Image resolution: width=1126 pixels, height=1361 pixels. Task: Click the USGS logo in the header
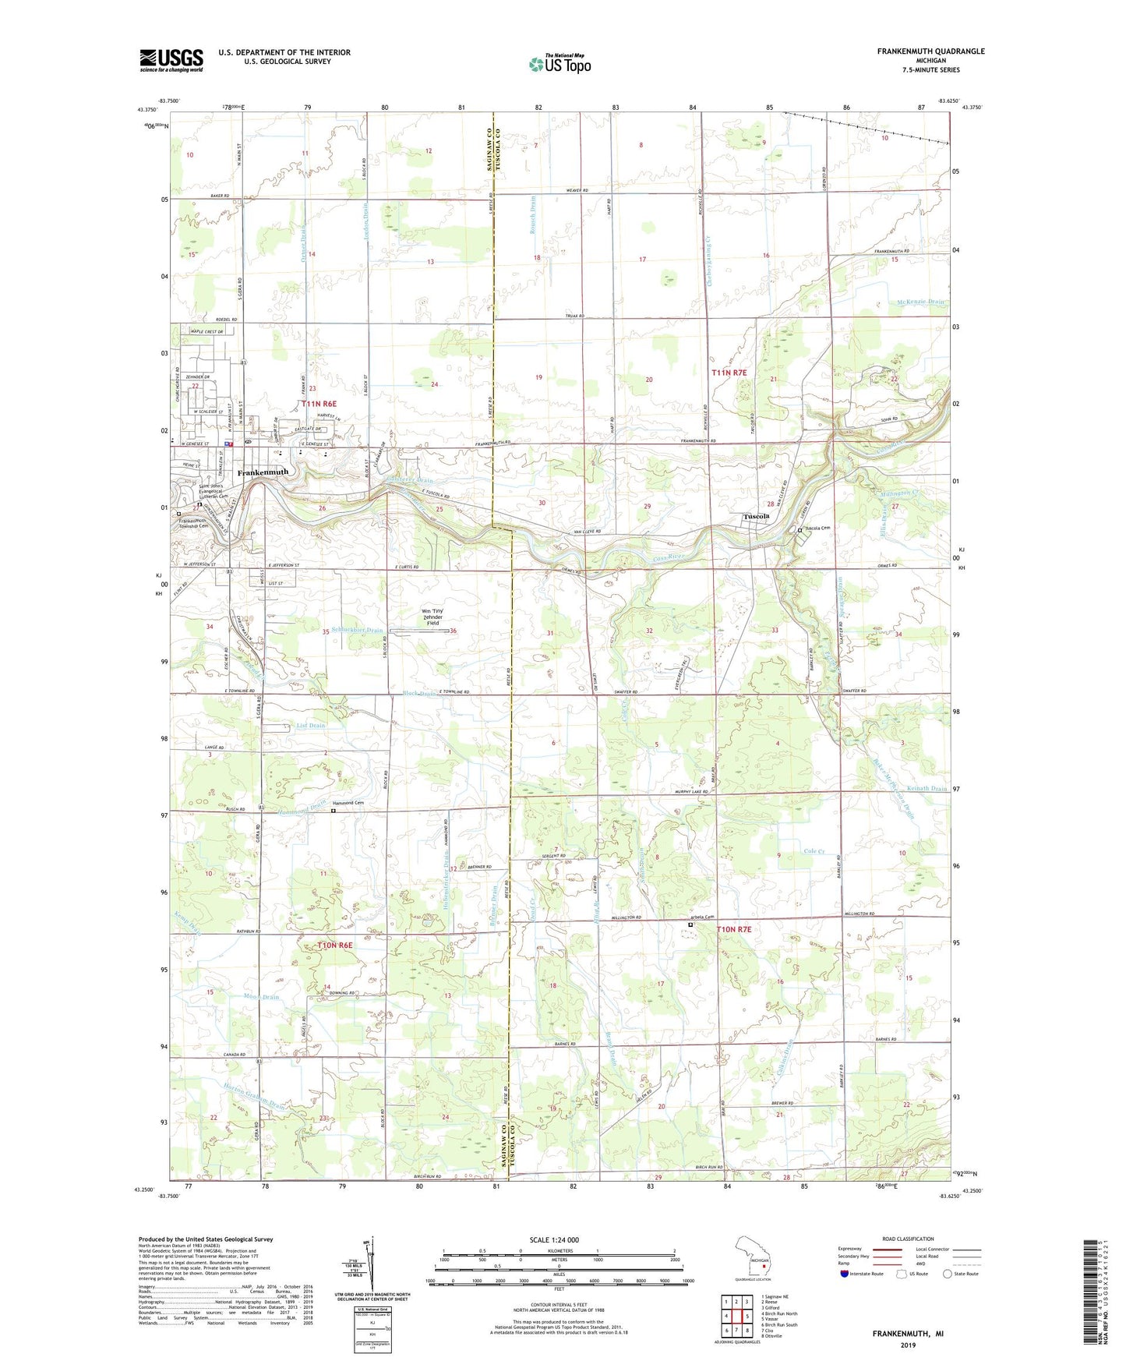(171, 60)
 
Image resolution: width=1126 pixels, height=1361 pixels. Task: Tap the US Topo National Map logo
(559, 64)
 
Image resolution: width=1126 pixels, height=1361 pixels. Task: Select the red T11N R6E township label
(319, 404)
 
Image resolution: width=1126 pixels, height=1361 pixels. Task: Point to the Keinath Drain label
(926, 789)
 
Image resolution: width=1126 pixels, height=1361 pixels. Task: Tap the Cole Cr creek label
(814, 851)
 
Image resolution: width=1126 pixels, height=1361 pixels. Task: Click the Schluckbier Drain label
(357, 630)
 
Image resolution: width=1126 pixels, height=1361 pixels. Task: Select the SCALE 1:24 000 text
(554, 1240)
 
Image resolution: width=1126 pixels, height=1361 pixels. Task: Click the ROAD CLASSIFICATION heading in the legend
(909, 1239)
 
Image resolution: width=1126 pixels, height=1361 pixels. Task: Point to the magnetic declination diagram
(372, 1264)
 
